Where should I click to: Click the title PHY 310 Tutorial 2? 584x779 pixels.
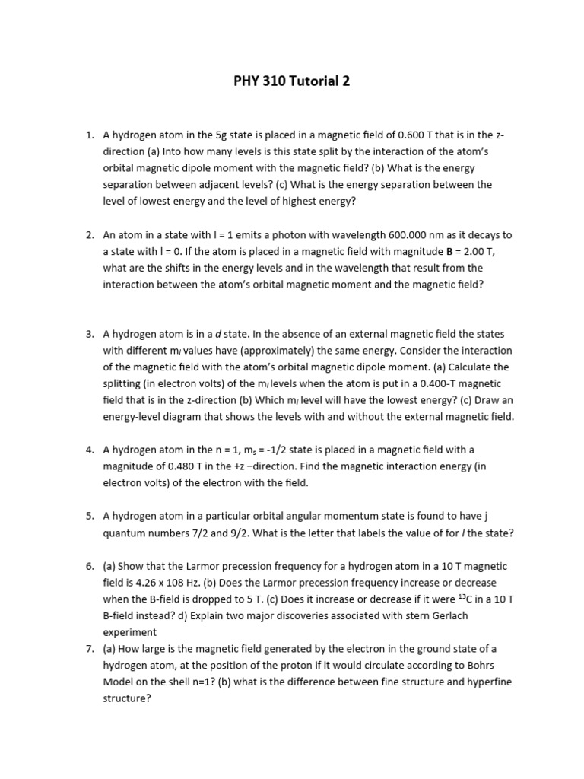click(292, 82)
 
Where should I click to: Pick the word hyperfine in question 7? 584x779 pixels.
click(488, 682)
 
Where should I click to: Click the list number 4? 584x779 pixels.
click(90, 450)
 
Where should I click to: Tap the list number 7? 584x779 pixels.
click(90, 648)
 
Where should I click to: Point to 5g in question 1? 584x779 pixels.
click(208, 135)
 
